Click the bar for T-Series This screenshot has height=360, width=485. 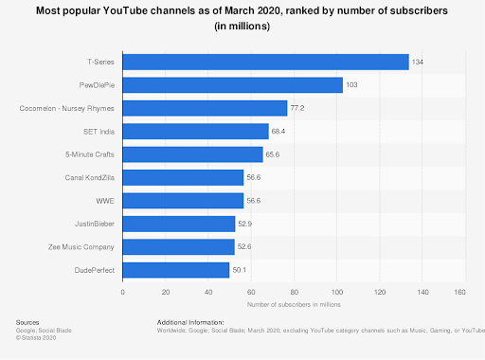coord(265,62)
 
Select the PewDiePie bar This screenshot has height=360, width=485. coord(232,85)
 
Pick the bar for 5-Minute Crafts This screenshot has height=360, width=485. coord(192,154)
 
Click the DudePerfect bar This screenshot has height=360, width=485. coord(176,270)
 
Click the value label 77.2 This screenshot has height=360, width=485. coord(297,108)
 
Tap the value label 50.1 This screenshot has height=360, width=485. coord(240,270)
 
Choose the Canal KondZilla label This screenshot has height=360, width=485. coord(90,177)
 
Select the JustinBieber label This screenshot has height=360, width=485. coord(95,224)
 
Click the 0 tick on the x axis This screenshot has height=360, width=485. coord(123,292)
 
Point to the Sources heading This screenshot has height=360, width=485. coord(28,323)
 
